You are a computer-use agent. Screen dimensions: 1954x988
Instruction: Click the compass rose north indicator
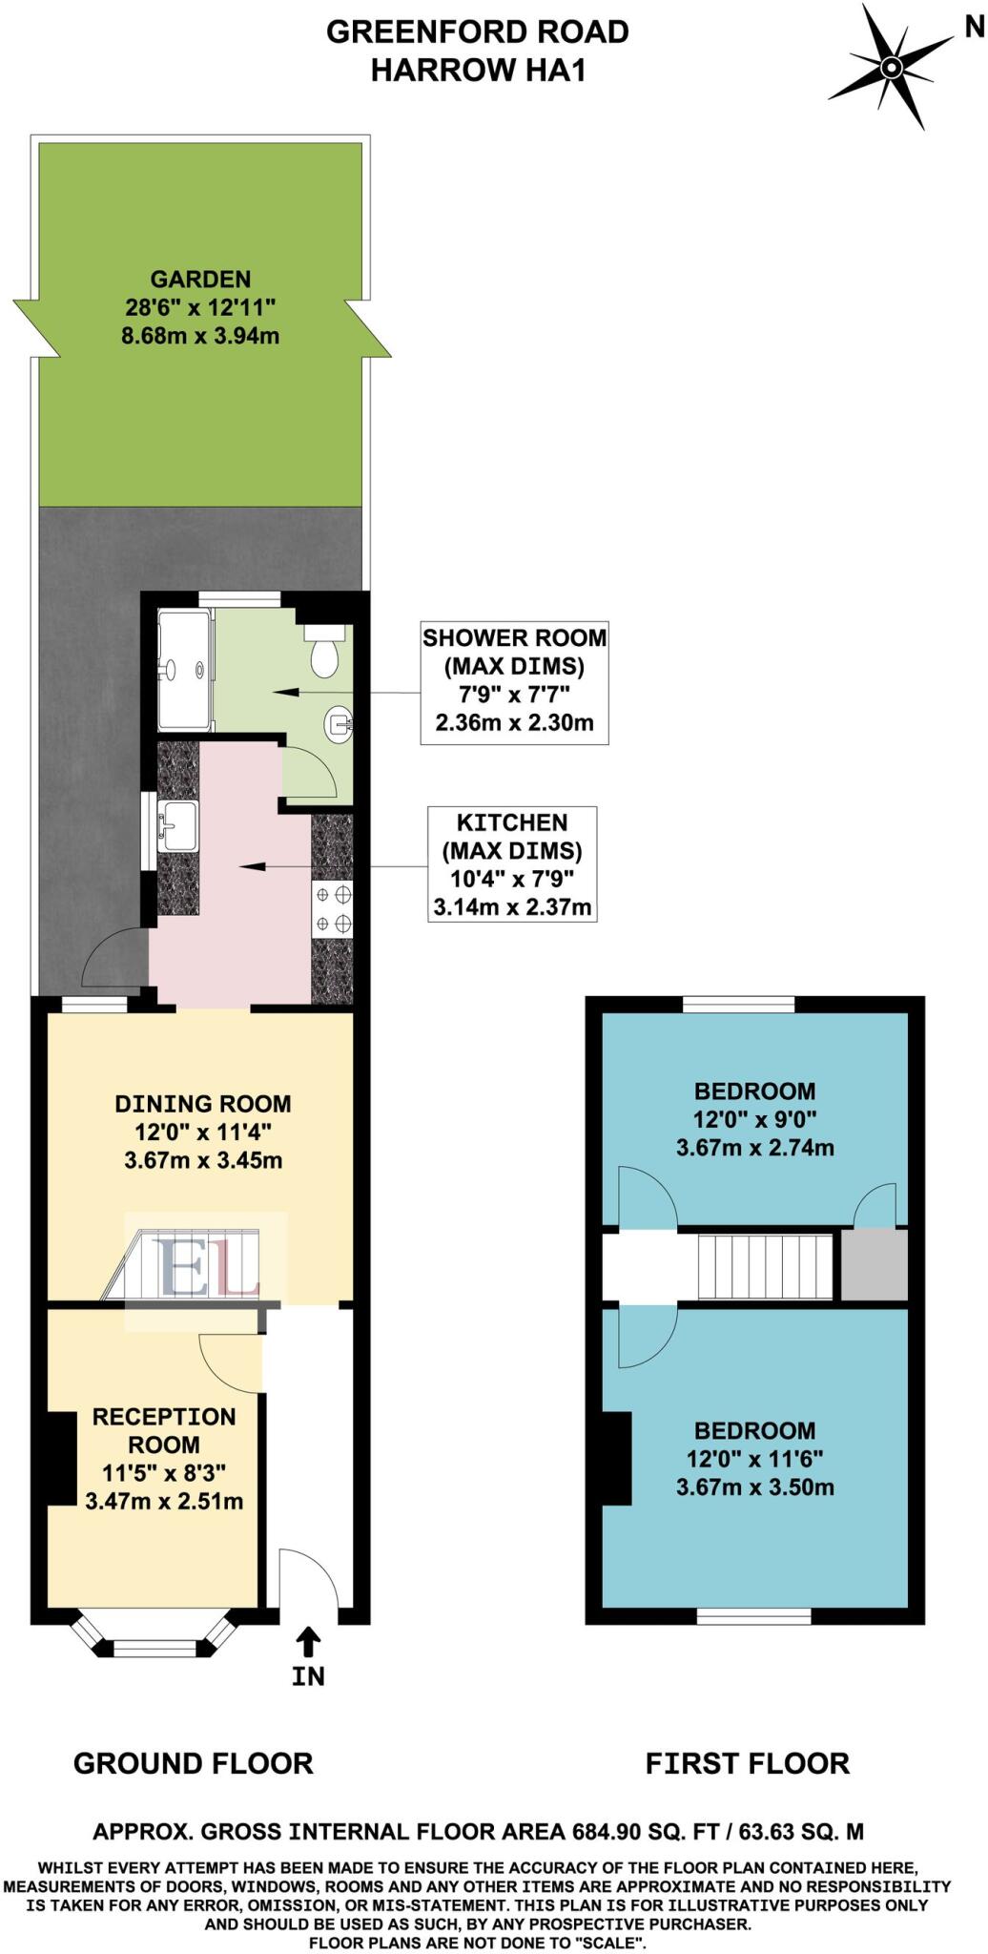891,66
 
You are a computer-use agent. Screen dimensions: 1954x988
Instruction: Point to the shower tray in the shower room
183,670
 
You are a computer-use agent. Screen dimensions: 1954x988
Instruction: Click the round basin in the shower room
340,726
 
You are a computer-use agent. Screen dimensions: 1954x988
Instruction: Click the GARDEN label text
200,280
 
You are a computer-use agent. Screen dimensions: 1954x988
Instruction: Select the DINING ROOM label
203,1104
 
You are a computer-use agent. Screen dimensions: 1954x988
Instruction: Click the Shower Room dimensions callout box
514,679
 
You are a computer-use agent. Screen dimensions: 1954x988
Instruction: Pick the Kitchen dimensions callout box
512,864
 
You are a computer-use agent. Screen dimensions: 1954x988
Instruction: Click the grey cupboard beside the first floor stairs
874,1265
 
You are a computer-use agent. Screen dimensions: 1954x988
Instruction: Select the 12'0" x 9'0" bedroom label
754,1118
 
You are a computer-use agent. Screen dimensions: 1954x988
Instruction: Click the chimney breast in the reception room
61,1458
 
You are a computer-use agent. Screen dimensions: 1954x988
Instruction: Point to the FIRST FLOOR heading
747,1763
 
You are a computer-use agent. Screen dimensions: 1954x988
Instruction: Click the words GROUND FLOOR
194,1763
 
